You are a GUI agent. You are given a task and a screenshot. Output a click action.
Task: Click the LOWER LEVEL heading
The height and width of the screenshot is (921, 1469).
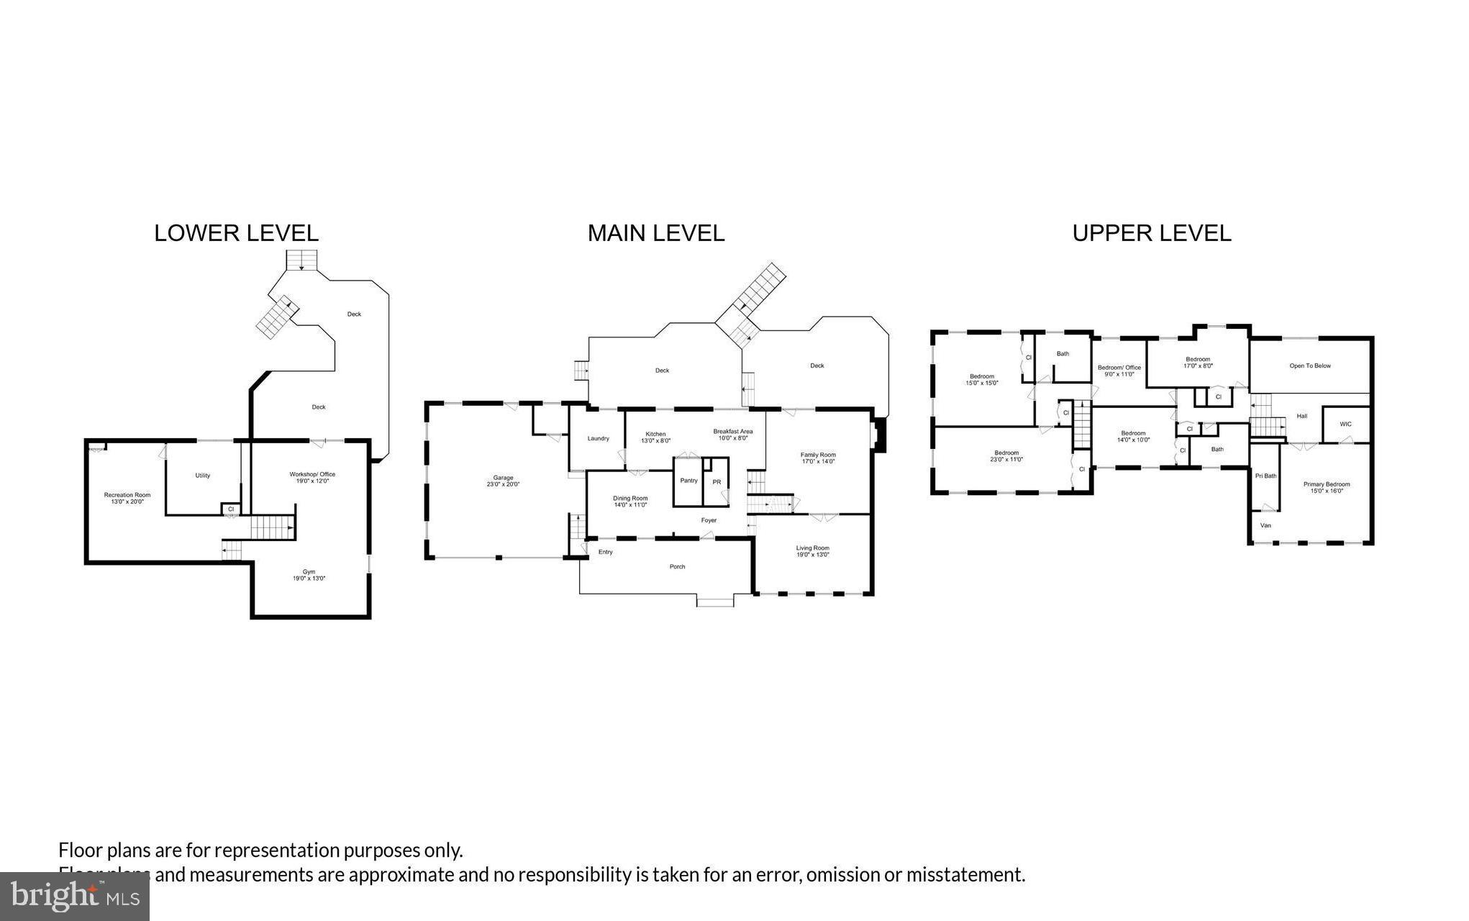pos(236,233)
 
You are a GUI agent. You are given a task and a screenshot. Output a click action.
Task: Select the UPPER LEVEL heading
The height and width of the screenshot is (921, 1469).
pos(1151,233)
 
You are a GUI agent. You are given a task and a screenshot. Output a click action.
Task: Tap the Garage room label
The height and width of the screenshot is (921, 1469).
pos(503,481)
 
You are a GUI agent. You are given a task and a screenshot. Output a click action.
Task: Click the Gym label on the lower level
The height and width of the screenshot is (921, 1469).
pos(309,575)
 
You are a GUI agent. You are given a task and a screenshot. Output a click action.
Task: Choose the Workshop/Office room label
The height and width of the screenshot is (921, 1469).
pos(312,477)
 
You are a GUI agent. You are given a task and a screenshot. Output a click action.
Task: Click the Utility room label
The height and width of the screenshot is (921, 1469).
pos(203,476)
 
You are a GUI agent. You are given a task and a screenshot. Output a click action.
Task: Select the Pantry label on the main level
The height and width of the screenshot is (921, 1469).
pos(688,481)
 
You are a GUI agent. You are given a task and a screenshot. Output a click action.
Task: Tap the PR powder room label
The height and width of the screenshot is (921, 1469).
pos(717,482)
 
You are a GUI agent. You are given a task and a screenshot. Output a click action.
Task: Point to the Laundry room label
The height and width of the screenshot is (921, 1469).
pos(598,438)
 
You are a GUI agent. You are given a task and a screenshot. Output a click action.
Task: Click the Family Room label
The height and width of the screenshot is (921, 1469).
pos(818,458)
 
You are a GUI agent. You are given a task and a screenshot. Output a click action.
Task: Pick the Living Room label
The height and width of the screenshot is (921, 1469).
pos(812,551)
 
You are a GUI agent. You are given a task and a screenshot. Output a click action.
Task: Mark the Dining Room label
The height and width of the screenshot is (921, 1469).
pos(630,501)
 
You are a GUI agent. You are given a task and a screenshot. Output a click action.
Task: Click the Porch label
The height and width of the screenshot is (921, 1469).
pos(677,567)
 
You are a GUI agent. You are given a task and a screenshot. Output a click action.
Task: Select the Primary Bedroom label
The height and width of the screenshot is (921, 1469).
pos(1327,487)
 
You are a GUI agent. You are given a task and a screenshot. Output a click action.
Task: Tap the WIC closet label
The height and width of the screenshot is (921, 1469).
pos(1345,425)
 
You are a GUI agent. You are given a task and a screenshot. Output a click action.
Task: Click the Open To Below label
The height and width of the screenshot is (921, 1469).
pos(1309,366)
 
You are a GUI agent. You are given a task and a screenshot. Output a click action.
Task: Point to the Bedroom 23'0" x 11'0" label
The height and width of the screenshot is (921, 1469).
pos(1006,455)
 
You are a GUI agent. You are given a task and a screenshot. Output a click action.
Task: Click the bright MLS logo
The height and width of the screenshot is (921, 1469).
pos(75,896)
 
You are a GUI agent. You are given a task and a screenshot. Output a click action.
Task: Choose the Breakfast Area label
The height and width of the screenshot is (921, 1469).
pos(733,434)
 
